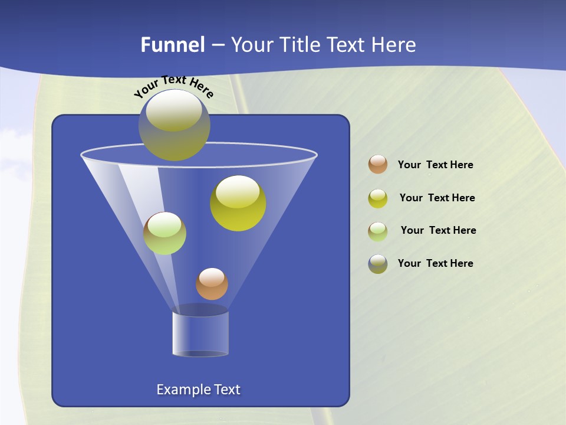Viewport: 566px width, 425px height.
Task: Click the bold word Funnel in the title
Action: (172, 45)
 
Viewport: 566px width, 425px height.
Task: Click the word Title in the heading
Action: (300, 45)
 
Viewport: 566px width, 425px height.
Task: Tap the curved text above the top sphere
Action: (173, 85)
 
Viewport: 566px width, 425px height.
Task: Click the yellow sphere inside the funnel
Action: (238, 204)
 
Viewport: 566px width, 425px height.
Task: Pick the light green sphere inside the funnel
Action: (164, 233)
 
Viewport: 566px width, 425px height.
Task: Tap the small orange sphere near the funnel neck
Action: (212, 284)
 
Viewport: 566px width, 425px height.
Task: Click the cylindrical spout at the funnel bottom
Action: (200, 334)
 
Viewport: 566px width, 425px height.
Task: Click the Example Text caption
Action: (198, 390)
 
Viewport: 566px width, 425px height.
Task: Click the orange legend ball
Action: (378, 165)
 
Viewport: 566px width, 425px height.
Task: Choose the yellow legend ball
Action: (378, 198)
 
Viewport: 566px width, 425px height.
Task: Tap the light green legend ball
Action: (378, 231)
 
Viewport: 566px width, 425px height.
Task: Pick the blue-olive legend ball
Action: (378, 264)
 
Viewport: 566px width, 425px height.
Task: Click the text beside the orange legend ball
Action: (435, 165)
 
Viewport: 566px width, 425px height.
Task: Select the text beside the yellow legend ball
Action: (437, 198)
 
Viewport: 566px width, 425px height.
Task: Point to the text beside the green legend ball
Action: (438, 231)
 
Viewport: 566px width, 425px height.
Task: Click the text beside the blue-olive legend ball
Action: (435, 263)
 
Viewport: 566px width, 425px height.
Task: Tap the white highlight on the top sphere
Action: (174, 110)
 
